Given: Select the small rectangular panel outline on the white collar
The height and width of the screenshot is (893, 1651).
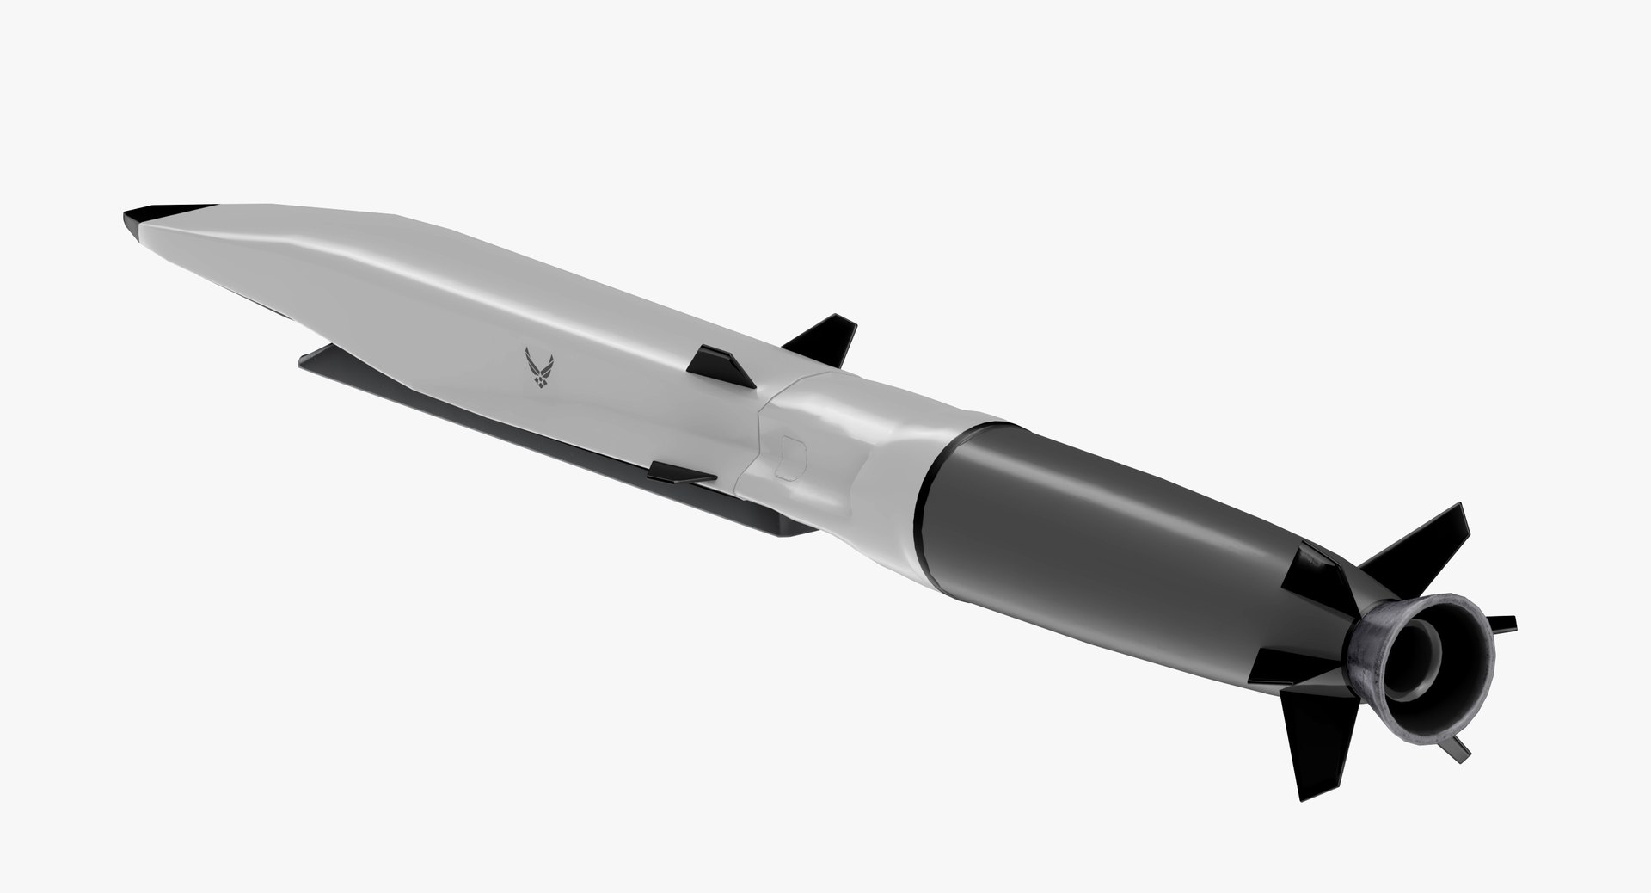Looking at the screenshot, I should pos(794,454).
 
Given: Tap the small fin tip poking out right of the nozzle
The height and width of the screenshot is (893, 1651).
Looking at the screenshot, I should pos(1504,622).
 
